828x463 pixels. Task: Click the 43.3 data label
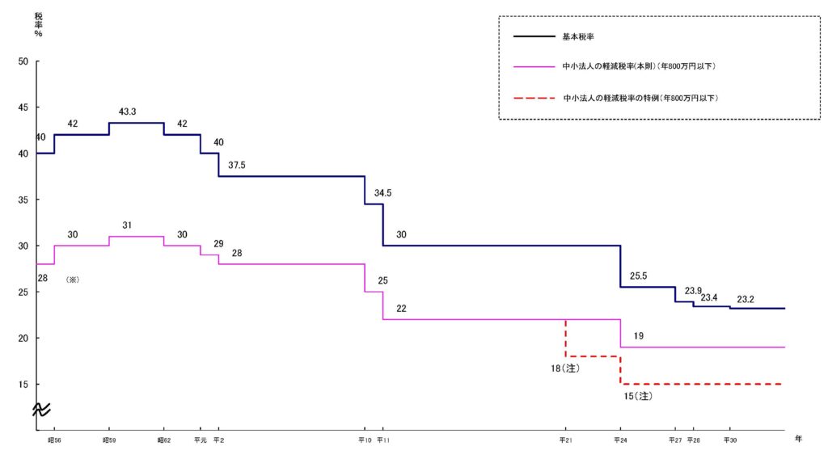pyautogui.click(x=127, y=112)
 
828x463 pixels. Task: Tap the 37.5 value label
pyautogui.click(x=237, y=166)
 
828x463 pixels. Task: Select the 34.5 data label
pyautogui.click(x=382, y=193)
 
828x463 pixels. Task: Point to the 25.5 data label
pyautogui.click(x=638, y=276)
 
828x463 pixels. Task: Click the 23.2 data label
pyautogui.click(x=745, y=299)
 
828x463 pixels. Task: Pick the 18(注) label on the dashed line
pyautogui.click(x=565, y=368)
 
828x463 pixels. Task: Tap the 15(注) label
pyautogui.click(x=638, y=396)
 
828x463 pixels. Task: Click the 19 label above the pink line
pyautogui.click(x=639, y=336)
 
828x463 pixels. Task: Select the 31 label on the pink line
pyautogui.click(x=127, y=225)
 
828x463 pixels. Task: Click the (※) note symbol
pyautogui.click(x=72, y=280)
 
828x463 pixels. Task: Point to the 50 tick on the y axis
pyautogui.click(x=23, y=61)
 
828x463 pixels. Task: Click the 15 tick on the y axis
pyautogui.click(x=23, y=385)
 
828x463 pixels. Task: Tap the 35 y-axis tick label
pyautogui.click(x=23, y=200)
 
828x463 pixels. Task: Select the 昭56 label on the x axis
pyautogui.click(x=54, y=440)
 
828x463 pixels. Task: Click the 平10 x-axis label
pyautogui.click(x=365, y=440)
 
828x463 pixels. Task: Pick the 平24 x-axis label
pyautogui.click(x=620, y=440)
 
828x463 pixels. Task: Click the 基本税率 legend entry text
pyautogui.click(x=578, y=36)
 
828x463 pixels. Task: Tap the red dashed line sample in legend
pyautogui.click(x=534, y=98)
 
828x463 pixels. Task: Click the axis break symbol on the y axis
pyautogui.click(x=41, y=409)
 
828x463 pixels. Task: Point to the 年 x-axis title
pyautogui.click(x=798, y=438)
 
